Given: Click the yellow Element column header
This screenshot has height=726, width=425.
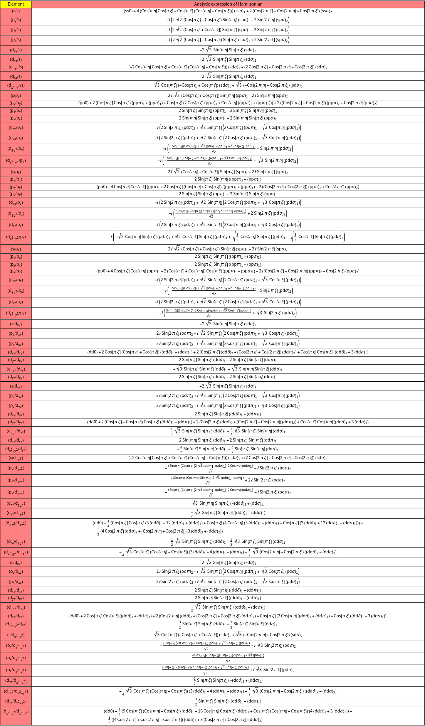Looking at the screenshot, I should (16, 4).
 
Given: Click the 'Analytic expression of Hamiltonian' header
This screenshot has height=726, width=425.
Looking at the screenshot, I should (228, 4).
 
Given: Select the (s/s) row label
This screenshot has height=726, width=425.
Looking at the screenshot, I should (16, 11).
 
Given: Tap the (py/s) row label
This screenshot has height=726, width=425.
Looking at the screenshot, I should (16, 20).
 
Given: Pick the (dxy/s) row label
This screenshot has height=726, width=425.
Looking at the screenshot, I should (16, 50).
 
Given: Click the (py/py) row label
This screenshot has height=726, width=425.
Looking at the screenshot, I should (16, 103).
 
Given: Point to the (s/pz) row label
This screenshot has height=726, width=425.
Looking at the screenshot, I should (16, 172).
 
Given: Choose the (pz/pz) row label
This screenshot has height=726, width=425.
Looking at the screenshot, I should (16, 187).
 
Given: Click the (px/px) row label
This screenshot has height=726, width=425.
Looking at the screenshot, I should (16, 271).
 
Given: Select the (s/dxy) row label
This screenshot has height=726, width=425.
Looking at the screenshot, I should (16, 324).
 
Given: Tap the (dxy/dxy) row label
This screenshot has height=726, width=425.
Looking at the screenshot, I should (16, 352).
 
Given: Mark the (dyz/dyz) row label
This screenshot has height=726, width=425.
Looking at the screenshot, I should (16, 422).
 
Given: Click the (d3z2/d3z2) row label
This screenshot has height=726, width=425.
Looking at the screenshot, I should (16, 523).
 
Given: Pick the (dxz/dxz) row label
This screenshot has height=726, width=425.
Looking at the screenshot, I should (16, 616).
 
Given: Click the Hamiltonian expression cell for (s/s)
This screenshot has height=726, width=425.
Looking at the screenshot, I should (228, 11).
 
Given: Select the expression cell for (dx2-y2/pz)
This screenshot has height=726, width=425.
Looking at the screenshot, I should (228, 237).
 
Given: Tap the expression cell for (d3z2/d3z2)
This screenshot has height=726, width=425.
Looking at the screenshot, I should (228, 527).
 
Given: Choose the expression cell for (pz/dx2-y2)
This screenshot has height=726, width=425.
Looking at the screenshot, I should (228, 658).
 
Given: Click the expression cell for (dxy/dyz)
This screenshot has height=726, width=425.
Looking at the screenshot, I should (228, 414).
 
